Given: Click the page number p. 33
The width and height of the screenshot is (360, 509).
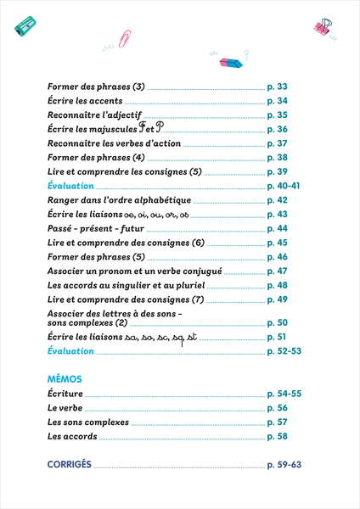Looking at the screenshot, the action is pyautogui.click(x=278, y=87).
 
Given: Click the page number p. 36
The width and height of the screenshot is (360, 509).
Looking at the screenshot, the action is pyautogui.click(x=278, y=130).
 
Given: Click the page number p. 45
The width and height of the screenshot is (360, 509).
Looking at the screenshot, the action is pyautogui.click(x=278, y=243).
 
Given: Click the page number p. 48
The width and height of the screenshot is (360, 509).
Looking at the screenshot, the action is pyautogui.click(x=278, y=286).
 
